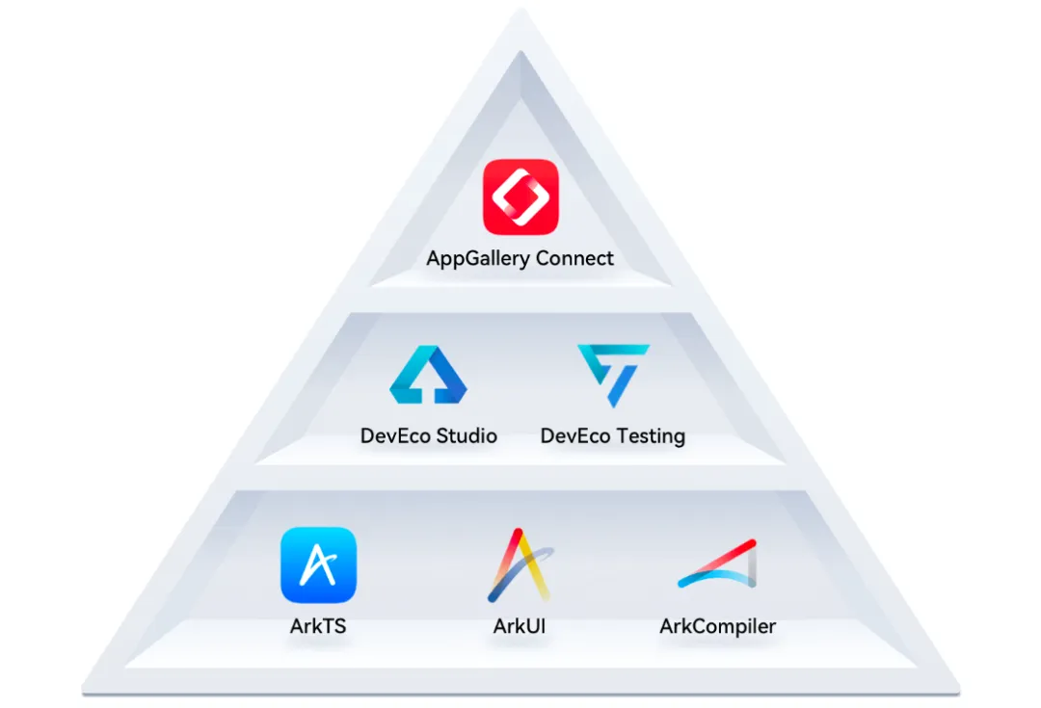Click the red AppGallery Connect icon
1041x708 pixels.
520,197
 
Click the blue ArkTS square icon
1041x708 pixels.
318,564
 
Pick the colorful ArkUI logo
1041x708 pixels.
520,565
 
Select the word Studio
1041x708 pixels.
467,435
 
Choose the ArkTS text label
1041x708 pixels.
318,626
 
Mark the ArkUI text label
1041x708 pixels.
520,626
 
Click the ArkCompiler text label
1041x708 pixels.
717,626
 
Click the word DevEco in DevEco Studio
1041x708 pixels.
395,435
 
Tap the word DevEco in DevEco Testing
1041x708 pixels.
575,435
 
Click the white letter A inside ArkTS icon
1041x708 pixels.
318,564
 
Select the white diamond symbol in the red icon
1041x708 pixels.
520,197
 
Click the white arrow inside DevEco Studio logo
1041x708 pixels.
428,384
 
